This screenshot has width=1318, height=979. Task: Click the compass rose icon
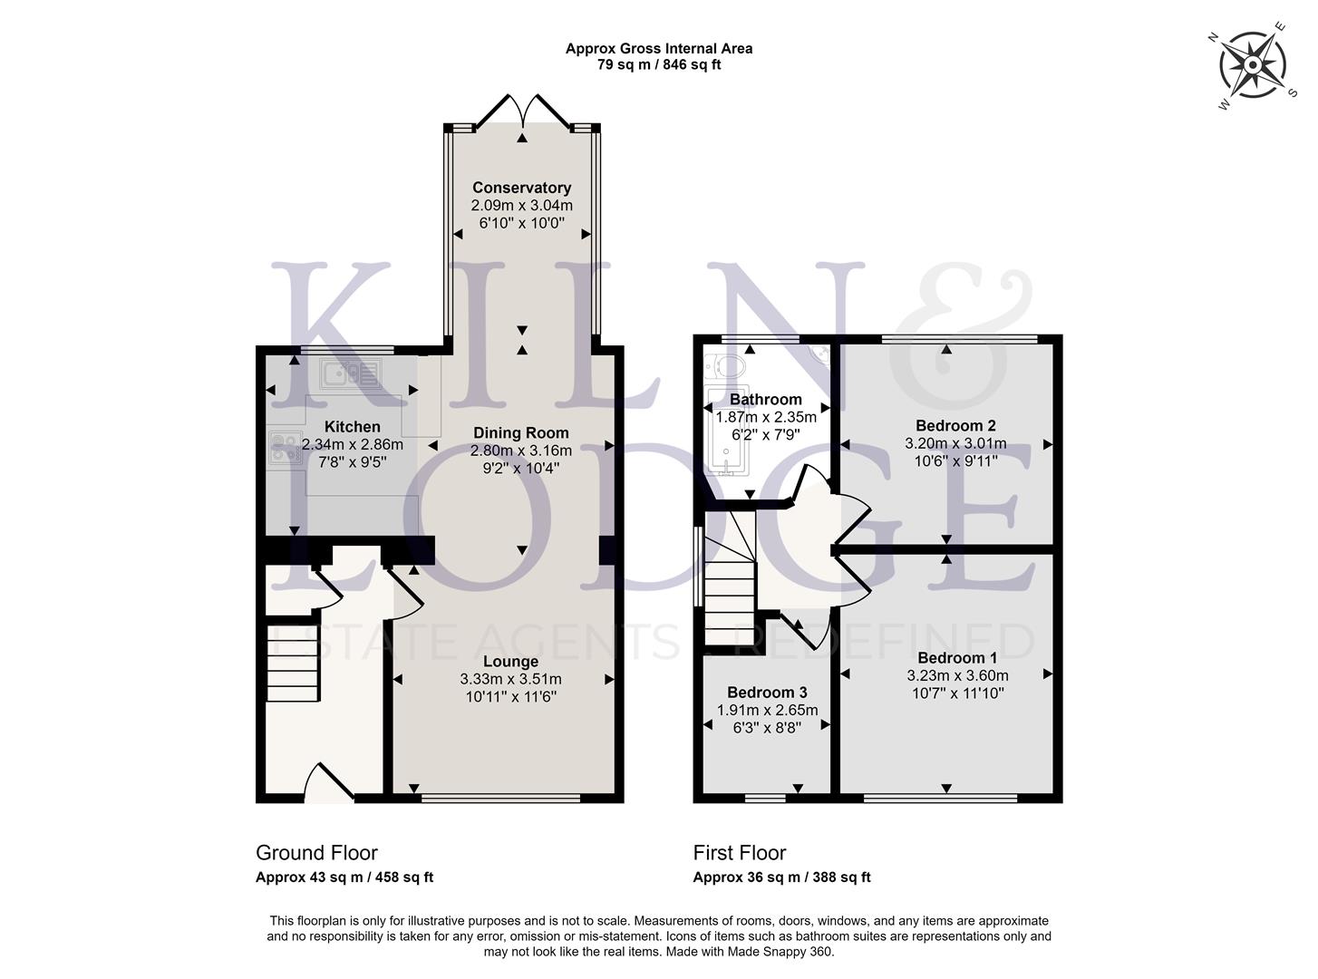pos(1252,65)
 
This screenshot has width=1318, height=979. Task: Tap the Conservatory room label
pos(521,188)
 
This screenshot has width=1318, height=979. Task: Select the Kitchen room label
pos(353,426)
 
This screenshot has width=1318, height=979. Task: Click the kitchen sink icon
pos(352,373)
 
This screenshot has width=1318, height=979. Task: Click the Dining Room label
pos(520,432)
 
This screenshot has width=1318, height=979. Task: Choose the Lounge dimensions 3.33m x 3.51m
pos(510,679)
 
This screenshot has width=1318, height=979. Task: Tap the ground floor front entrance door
pos(328,785)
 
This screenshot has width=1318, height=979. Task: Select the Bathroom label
pos(766,399)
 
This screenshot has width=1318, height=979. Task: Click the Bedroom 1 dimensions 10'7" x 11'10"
pos(956,693)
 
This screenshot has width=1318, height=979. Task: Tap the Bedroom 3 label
pos(767,693)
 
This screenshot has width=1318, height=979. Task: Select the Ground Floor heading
pos(316,852)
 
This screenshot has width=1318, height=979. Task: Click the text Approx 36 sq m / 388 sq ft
pos(781,877)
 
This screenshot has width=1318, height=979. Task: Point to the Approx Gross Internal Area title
pos(658,49)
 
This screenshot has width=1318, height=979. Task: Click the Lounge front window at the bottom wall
pos(501,799)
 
